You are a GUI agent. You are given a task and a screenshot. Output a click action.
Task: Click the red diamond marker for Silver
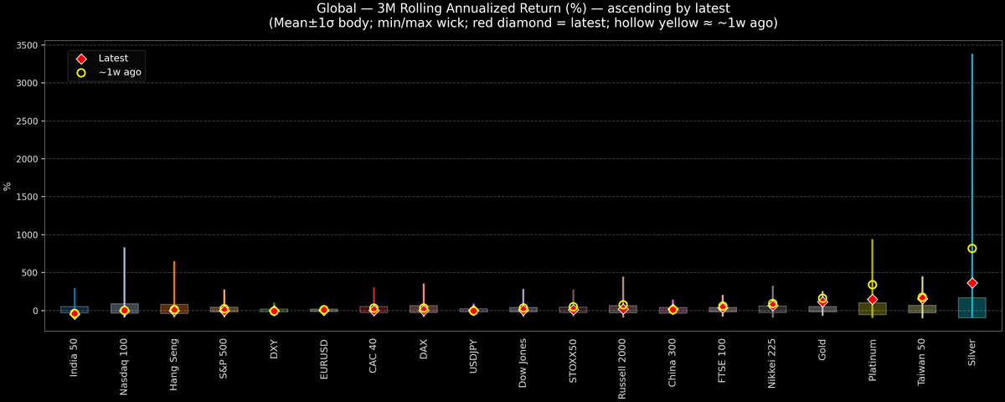(971, 283)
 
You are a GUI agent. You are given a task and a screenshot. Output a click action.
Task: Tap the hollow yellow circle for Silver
(971, 249)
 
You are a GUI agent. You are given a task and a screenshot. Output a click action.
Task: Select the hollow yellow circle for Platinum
(872, 285)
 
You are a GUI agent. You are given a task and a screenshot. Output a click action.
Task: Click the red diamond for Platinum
(872, 299)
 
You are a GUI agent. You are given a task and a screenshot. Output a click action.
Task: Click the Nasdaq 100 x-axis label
(124, 366)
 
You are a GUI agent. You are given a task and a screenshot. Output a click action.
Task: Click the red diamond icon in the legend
(81, 59)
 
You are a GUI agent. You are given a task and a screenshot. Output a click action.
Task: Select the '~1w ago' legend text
(120, 73)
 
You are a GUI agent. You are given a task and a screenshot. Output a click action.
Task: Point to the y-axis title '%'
(8, 187)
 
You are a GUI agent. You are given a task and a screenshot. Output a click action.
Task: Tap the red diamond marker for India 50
(75, 314)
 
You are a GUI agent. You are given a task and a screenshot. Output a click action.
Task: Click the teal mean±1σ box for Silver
(971, 308)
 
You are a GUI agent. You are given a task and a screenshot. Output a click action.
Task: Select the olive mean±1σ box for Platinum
(872, 309)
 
